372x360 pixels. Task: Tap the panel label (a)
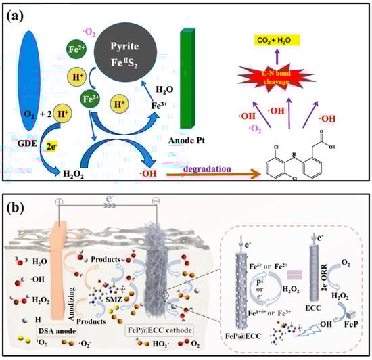pyautogui.click(x=17, y=16)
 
